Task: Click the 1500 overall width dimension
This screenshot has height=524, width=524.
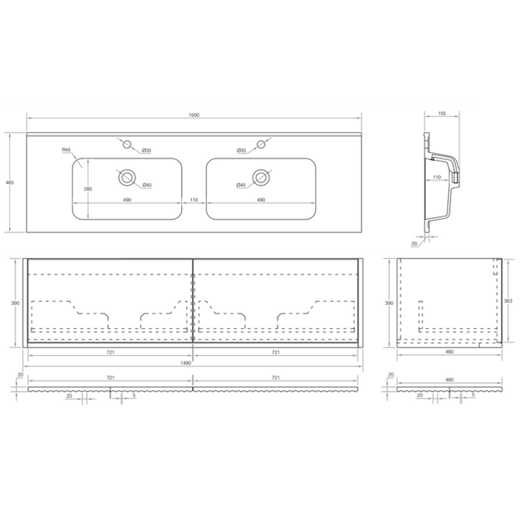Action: pyautogui.click(x=194, y=115)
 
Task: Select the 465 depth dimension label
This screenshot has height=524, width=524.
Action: pyautogui.click(x=9, y=182)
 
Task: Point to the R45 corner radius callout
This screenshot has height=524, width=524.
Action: pyautogui.click(x=66, y=150)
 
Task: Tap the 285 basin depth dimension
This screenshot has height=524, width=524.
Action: pyautogui.click(x=88, y=189)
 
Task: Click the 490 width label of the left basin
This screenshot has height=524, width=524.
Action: pyautogui.click(x=127, y=200)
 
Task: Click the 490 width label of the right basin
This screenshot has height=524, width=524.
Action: pyautogui.click(x=261, y=200)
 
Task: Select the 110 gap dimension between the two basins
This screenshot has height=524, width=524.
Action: pyautogui.click(x=194, y=200)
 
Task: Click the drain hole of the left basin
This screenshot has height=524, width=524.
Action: pyautogui.click(x=127, y=177)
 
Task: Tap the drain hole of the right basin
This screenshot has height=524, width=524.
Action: pyautogui.click(x=261, y=177)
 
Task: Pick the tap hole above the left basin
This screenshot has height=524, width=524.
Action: pyautogui.click(x=128, y=144)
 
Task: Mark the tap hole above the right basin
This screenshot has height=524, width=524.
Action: pyautogui.click(x=261, y=144)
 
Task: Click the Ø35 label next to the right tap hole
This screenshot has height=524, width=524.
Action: pyautogui.click(x=242, y=151)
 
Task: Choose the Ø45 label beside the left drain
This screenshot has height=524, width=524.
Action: pyautogui.click(x=147, y=185)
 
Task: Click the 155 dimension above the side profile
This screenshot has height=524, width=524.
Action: pyautogui.click(x=442, y=114)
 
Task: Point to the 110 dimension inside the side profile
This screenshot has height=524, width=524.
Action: pyautogui.click(x=437, y=177)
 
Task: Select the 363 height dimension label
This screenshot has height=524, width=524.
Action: pyautogui.click(x=508, y=301)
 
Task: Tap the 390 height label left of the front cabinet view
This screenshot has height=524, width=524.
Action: pyautogui.click(x=15, y=303)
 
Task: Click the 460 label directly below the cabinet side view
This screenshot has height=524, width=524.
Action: pyautogui.click(x=449, y=352)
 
